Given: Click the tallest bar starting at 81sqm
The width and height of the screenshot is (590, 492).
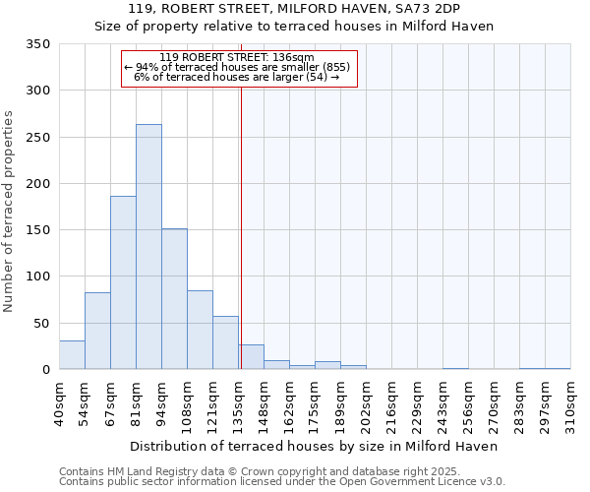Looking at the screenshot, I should pyautogui.click(x=148, y=247).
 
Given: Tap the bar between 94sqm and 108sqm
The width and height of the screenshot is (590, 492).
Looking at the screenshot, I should pyautogui.click(x=174, y=299).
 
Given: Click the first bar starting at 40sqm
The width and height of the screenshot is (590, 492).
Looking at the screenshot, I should pyautogui.click(x=72, y=355).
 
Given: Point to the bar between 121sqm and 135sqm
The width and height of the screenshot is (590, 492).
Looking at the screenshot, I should pyautogui.click(x=225, y=343).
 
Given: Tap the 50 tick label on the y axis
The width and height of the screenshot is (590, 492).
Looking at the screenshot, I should pyautogui.click(x=41, y=324).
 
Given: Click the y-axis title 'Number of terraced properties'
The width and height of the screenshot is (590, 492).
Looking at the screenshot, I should pyautogui.click(x=9, y=211).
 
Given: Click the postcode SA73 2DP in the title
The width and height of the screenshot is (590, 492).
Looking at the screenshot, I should pyautogui.click(x=434, y=9).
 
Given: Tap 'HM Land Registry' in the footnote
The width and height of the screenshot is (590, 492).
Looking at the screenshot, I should pyautogui.click(x=147, y=471).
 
